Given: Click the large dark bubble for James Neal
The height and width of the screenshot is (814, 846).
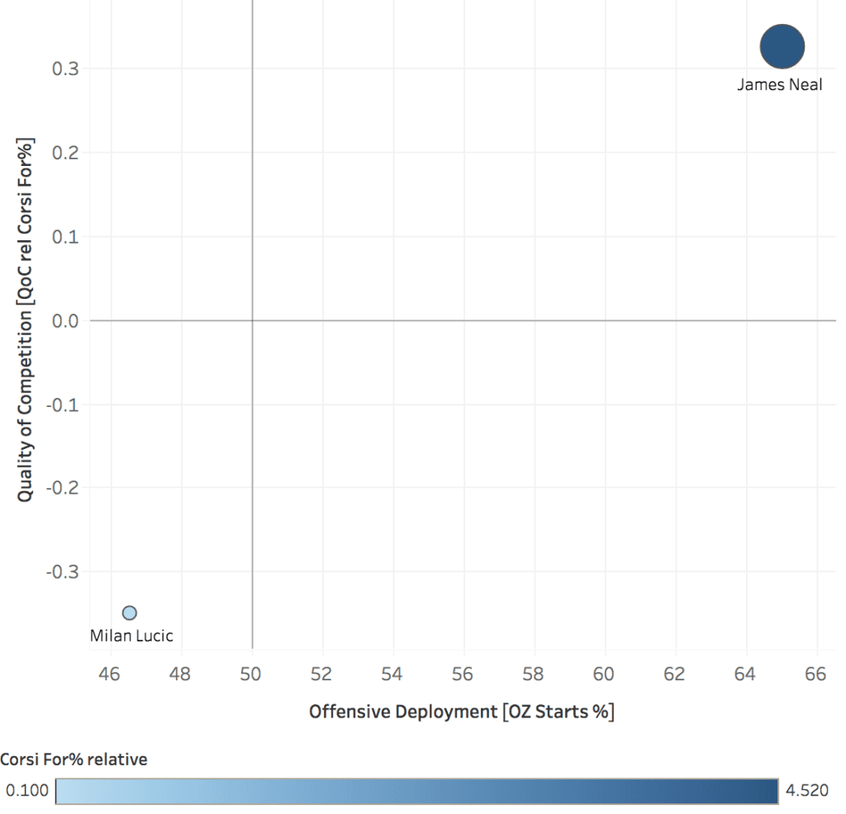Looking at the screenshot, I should [x=782, y=46].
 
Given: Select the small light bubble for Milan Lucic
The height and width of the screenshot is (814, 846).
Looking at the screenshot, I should [x=129, y=613].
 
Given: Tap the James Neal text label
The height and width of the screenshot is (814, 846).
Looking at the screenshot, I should [x=779, y=84].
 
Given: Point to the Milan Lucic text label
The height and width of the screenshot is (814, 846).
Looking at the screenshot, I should [x=131, y=636].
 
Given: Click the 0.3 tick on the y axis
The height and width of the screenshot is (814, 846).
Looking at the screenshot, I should [x=65, y=69].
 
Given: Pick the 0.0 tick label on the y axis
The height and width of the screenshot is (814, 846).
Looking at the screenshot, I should [x=65, y=320].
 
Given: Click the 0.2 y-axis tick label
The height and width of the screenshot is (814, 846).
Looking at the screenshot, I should [x=65, y=153].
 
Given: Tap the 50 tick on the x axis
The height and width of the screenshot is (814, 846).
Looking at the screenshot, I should [x=251, y=674].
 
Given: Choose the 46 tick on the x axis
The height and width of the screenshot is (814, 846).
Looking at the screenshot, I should [x=110, y=674].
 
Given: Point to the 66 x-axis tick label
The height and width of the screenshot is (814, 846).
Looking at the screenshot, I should [x=815, y=674].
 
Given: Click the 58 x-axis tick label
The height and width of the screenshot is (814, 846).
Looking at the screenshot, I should [x=534, y=674].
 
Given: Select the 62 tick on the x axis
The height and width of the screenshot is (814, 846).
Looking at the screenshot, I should [x=675, y=674].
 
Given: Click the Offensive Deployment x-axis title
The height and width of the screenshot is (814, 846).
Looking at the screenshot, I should [x=461, y=712].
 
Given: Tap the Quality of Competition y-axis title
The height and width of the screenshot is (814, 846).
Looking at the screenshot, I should [x=26, y=318].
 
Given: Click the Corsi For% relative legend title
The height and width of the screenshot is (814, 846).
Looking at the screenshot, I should [x=74, y=760].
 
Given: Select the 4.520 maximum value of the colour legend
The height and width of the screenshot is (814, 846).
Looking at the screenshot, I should [x=806, y=791].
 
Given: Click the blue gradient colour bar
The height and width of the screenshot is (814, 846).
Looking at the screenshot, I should [x=417, y=791].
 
